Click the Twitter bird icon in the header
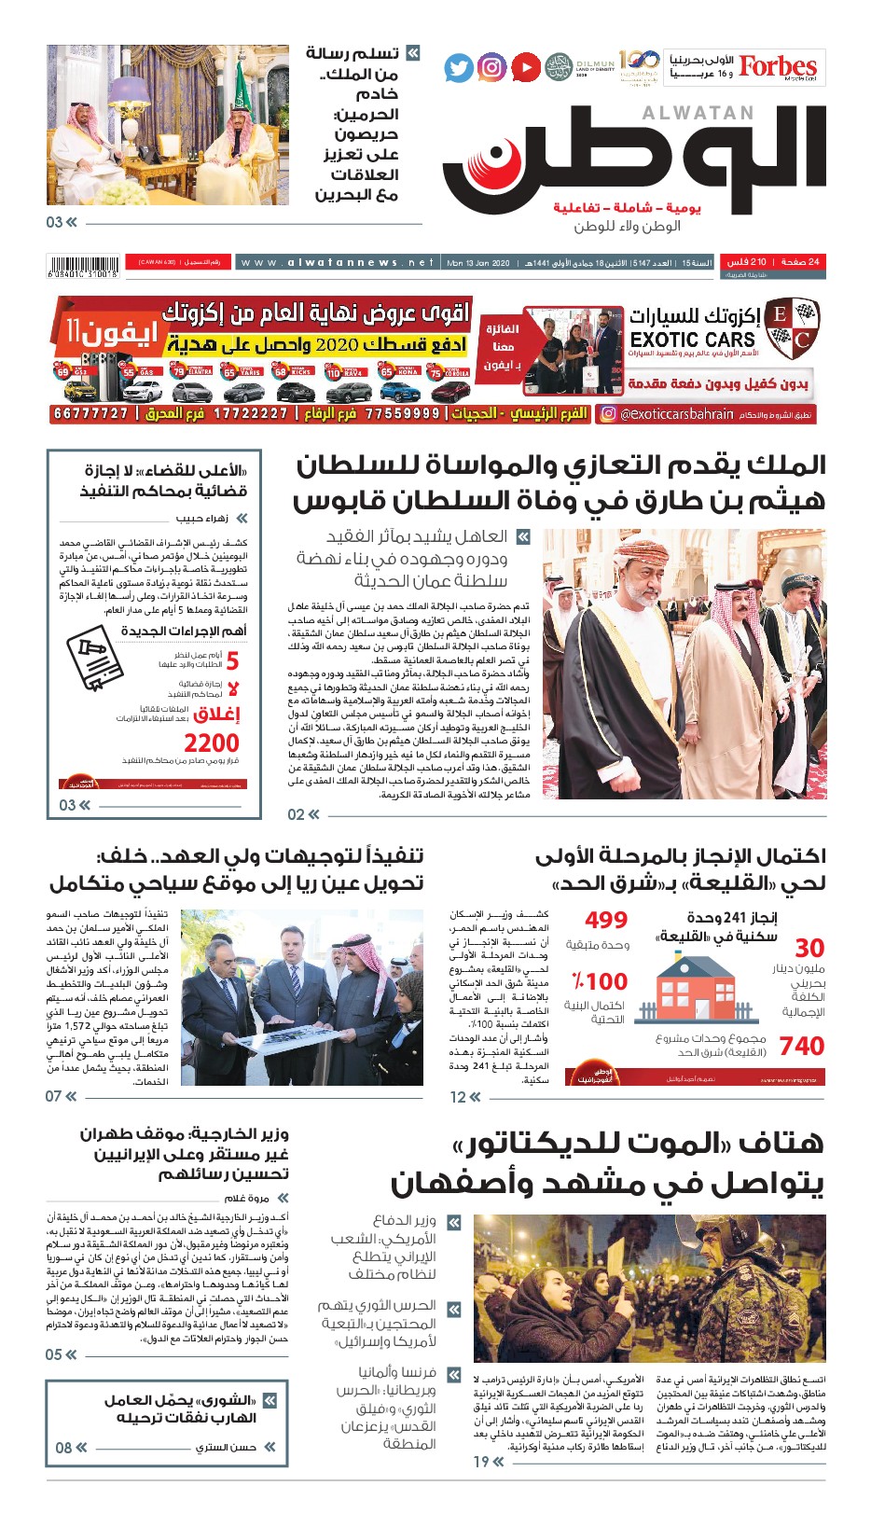pyautogui.click(x=459, y=68)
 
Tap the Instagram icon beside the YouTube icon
pyautogui.click(x=492, y=67)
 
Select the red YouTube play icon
pyautogui.click(x=526, y=67)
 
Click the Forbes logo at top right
pyautogui.click(x=777, y=66)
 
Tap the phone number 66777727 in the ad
pyautogui.click(x=90, y=413)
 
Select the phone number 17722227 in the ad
pyautogui.click(x=251, y=413)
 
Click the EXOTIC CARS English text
pyautogui.click(x=692, y=340)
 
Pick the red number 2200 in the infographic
pyautogui.click(x=212, y=743)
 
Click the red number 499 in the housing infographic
pyautogui.click(x=606, y=921)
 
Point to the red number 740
pyautogui.click(x=802, y=1047)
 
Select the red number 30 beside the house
pyautogui.click(x=809, y=948)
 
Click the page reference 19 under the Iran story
pyautogui.click(x=481, y=1462)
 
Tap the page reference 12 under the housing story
pyautogui.click(x=458, y=1097)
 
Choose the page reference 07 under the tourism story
pyautogui.click(x=54, y=1096)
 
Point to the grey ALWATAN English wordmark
pyautogui.click(x=698, y=113)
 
